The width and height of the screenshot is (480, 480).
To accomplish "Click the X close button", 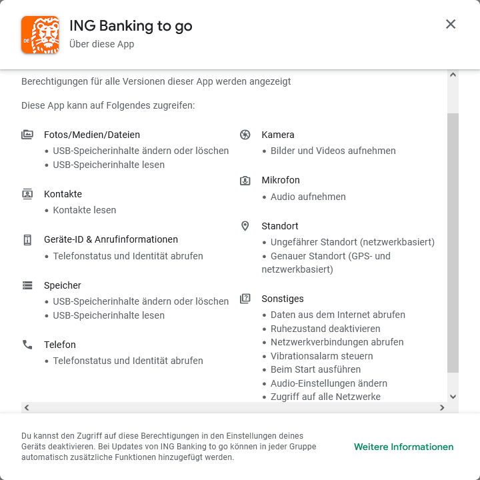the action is tap(450, 24).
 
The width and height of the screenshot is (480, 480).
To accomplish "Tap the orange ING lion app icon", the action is tap(40, 35).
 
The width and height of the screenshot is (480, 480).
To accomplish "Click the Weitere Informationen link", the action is tap(403, 447).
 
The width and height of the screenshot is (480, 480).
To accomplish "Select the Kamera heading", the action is tap(277, 135).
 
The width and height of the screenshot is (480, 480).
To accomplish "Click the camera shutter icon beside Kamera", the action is tap(245, 135).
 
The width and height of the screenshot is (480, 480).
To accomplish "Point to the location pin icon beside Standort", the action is tap(245, 226).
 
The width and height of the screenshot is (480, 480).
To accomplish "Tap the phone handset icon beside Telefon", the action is tap(27, 345).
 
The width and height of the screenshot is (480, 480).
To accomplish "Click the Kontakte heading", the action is tap(63, 194).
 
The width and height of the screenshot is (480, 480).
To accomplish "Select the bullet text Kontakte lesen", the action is tap(85, 210).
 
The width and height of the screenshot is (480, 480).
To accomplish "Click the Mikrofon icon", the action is tap(245, 180).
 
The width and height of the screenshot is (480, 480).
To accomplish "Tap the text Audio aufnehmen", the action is tap(308, 197).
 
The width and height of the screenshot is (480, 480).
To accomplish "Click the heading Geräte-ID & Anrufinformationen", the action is tap(111, 239).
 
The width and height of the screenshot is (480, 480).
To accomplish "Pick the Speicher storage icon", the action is tap(27, 285).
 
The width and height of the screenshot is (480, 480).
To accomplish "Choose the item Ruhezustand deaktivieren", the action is tap(325, 329).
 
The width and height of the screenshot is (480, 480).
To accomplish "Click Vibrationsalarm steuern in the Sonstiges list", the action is tap(322, 356).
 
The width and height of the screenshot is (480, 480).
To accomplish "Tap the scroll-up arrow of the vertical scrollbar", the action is tap(453, 75).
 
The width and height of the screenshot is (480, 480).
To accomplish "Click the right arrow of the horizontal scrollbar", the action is tap(442, 407).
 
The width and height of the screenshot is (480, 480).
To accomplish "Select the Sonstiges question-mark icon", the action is tap(245, 299).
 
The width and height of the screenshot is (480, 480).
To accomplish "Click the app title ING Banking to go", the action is tap(131, 26).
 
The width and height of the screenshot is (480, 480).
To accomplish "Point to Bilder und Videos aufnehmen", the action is tap(333, 151).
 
